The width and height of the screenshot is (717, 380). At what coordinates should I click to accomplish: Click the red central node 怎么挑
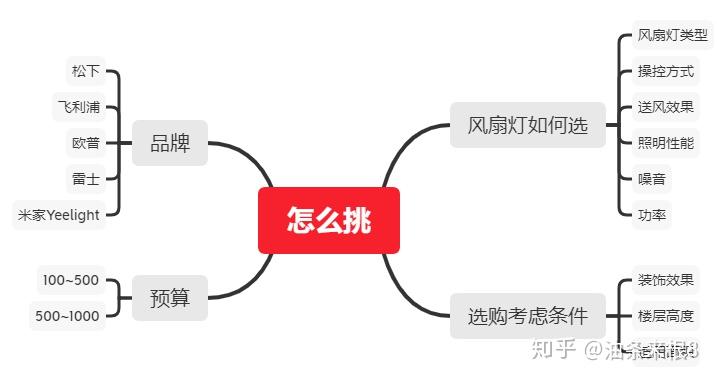[x=328, y=220]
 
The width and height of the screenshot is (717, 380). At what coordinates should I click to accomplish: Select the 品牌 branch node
[x=169, y=142]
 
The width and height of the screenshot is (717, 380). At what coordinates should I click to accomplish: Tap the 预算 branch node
[x=169, y=297]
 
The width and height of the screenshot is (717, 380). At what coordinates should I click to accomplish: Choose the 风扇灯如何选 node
[x=527, y=125]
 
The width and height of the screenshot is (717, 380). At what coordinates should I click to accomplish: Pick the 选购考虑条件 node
[x=527, y=316]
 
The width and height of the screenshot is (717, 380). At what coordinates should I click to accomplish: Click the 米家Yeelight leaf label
[x=59, y=214]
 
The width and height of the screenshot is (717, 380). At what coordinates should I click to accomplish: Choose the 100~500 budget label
[x=69, y=279]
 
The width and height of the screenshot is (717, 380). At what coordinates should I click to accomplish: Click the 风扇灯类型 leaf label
[x=672, y=35]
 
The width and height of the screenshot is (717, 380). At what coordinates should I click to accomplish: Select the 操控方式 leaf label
[x=665, y=71]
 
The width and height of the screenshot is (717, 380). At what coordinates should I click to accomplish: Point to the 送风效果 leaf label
[x=665, y=107]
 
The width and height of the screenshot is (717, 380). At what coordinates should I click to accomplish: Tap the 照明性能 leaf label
[x=665, y=143]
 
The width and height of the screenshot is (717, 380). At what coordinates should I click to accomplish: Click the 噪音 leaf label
[x=651, y=179]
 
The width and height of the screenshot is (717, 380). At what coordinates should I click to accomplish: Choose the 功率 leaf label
[x=651, y=214]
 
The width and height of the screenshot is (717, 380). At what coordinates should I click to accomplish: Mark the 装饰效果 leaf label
[x=665, y=279]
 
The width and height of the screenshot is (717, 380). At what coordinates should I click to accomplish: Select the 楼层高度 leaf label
[x=665, y=316]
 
